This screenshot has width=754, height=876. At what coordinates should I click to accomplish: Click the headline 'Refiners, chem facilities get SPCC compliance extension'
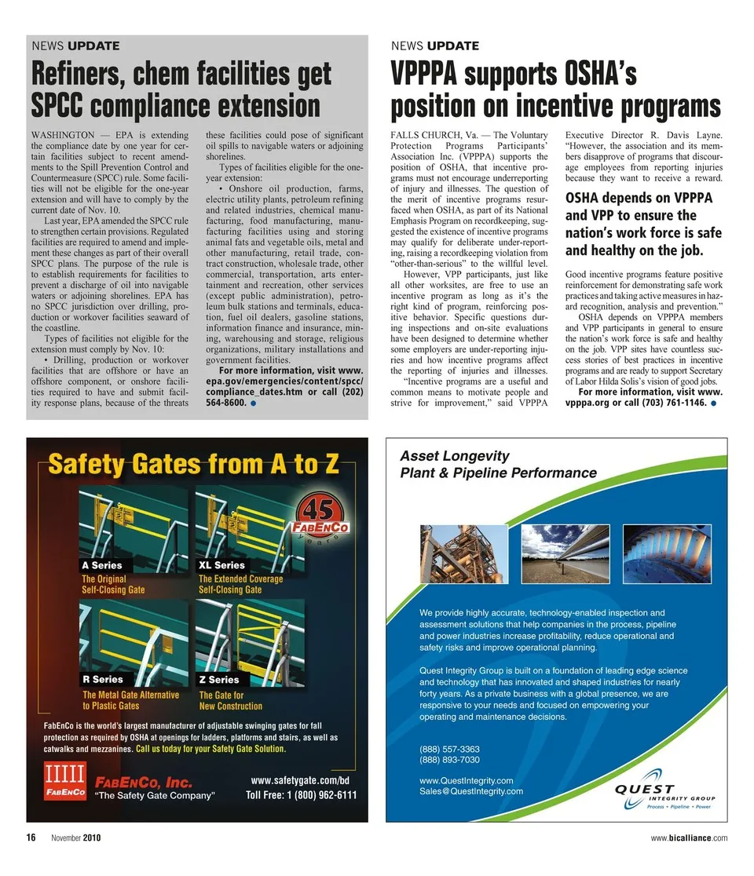click(181, 90)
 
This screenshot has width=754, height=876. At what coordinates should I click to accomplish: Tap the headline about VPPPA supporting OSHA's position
click(555, 90)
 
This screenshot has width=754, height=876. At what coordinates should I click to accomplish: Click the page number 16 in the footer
click(31, 838)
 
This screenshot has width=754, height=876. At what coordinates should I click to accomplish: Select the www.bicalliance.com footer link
click(689, 838)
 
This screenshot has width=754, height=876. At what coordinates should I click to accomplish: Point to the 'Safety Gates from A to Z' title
click(193, 465)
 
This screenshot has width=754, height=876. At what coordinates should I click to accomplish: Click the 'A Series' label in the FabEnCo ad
click(102, 565)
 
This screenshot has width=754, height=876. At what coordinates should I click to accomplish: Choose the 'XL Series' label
click(221, 565)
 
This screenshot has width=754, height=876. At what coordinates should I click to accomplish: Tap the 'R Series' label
click(103, 679)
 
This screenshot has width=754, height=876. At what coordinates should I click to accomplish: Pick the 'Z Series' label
click(219, 680)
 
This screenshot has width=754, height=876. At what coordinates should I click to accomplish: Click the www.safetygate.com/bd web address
click(299, 780)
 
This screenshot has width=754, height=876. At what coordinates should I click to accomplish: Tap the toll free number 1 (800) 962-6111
click(301, 795)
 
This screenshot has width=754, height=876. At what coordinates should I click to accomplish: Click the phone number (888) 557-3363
click(449, 749)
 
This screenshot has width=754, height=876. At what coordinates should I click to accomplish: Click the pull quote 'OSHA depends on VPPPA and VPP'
click(643, 224)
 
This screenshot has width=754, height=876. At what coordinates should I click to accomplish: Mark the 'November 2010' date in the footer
click(76, 838)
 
